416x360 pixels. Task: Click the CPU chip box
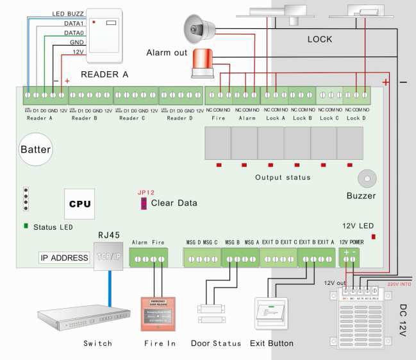click(x=79, y=204)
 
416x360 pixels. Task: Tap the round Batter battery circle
click(x=35, y=150)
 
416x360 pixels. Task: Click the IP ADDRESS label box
click(x=64, y=258)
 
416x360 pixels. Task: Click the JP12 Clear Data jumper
click(x=143, y=203)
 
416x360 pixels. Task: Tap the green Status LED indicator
click(x=26, y=226)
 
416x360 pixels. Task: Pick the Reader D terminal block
click(x=181, y=97)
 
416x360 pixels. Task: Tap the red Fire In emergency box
click(x=158, y=313)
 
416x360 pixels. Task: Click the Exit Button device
click(x=272, y=316)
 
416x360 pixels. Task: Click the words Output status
click(x=283, y=177)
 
